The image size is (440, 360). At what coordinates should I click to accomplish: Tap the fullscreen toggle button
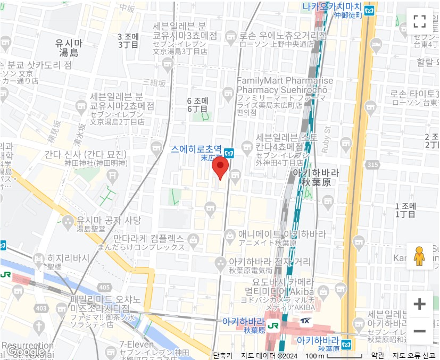[x=419, y=21]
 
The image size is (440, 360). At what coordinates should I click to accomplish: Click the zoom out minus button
[x=419, y=331]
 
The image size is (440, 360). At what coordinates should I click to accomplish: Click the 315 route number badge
[x=372, y=165]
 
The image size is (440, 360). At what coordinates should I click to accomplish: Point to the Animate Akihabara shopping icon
[x=230, y=235]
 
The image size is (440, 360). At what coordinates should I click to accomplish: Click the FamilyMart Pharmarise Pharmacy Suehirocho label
[x=285, y=86]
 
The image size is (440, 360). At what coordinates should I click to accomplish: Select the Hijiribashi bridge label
[x=68, y=257]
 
